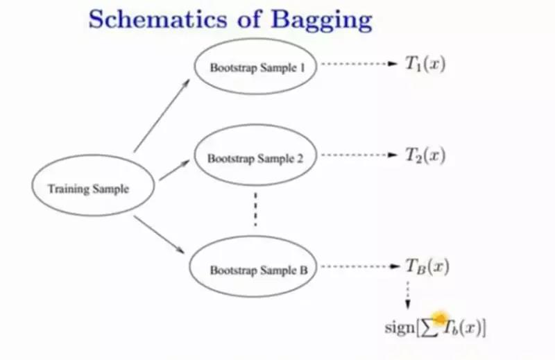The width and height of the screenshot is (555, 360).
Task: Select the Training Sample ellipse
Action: point(88,188)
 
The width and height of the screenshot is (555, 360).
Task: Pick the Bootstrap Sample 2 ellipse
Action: point(255,158)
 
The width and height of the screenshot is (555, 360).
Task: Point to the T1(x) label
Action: point(425,64)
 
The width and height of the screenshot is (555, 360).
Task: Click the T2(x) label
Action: point(425,155)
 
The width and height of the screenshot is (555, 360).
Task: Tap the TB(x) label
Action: point(425,266)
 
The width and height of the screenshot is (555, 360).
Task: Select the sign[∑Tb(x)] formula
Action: point(435,327)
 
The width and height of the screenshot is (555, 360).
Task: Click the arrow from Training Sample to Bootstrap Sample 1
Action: point(162,114)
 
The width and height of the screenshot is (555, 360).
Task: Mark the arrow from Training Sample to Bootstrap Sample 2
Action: point(174,170)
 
